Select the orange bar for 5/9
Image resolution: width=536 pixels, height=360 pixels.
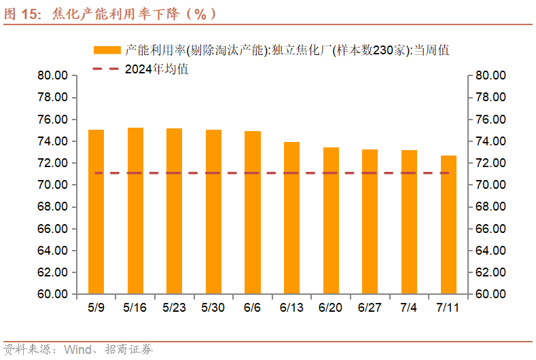[x=96, y=212]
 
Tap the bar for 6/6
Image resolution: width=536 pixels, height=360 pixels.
[x=253, y=213]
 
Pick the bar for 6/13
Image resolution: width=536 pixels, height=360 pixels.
[x=291, y=218]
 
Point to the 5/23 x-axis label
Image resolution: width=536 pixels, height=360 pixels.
[x=175, y=307]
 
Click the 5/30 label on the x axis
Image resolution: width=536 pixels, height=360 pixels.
[x=213, y=307]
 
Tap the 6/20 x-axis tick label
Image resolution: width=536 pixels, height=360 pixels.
[x=331, y=307]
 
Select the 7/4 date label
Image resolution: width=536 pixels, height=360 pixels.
[x=409, y=307]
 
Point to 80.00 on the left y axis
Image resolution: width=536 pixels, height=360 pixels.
[x=52, y=75]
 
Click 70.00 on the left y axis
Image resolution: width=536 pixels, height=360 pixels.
[x=52, y=185]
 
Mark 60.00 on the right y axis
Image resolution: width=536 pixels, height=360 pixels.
[x=489, y=294]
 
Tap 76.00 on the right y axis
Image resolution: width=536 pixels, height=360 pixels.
[x=489, y=120]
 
